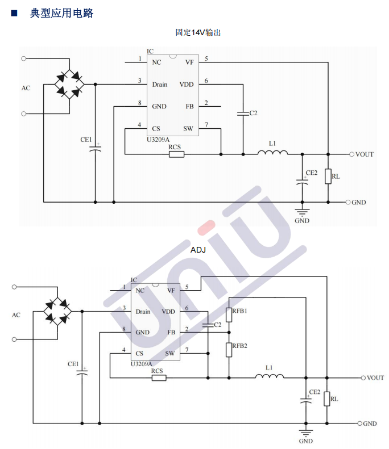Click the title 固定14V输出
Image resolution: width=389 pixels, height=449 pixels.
198,33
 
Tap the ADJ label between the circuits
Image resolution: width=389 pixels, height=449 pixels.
198,249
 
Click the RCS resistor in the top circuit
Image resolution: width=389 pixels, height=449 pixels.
176,154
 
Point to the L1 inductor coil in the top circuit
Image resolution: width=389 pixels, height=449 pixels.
272,152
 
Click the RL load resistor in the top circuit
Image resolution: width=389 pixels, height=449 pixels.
328,177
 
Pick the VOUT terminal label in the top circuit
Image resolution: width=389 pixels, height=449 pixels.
365,154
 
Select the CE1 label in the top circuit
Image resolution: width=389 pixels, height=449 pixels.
86,139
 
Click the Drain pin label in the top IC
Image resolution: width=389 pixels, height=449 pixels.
159,85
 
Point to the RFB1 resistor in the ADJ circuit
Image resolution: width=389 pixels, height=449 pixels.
229,314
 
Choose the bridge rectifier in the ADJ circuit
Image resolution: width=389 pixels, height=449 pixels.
58,311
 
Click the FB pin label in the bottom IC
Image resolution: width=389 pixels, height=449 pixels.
171,332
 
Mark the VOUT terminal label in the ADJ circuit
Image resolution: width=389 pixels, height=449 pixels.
375,377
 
